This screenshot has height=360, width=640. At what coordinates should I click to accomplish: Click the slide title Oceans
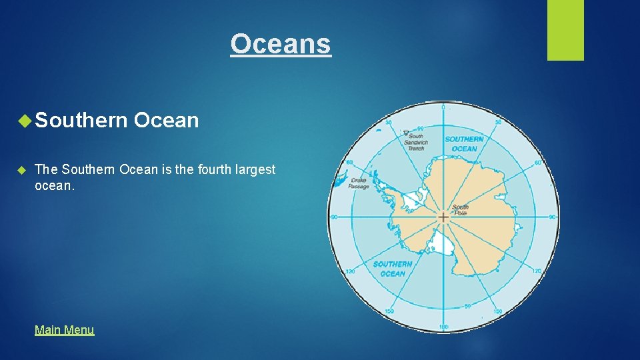[x=281, y=44]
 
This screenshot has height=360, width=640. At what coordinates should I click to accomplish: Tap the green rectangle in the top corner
[x=565, y=29]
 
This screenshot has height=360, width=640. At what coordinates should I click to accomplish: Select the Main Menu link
[x=65, y=329]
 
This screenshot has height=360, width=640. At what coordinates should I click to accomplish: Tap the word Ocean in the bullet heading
[x=166, y=121]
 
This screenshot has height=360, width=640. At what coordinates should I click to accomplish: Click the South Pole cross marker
[x=443, y=217]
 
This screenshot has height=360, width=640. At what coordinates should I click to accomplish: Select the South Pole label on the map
[x=461, y=210]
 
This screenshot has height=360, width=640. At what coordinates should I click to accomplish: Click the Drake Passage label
[x=358, y=183]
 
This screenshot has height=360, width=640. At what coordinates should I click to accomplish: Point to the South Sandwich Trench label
[x=417, y=142]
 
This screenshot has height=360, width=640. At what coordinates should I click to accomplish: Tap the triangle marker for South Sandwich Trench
[x=406, y=133]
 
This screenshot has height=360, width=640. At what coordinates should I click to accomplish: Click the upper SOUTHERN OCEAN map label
[x=464, y=144]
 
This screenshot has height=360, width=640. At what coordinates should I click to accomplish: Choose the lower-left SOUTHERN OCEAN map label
[x=393, y=269]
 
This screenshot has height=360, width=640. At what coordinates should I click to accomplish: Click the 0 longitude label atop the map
[x=443, y=107]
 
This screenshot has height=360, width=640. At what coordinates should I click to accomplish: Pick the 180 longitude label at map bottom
[x=443, y=327]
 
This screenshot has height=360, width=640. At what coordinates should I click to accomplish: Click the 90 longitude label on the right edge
[x=553, y=217]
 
